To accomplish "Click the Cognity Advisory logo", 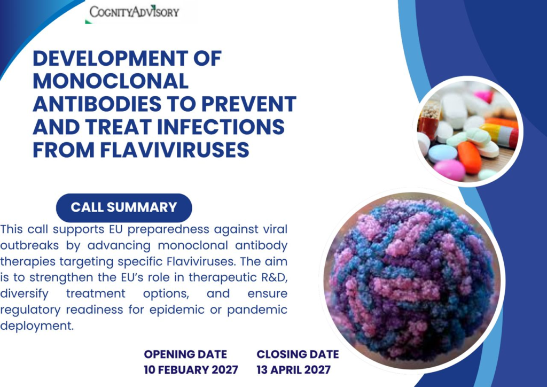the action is point(134,12).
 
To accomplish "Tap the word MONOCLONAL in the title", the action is point(111,81).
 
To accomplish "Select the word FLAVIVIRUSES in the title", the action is point(175,150).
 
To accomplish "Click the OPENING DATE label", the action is point(185,354).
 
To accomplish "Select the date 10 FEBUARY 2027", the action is point(191,369).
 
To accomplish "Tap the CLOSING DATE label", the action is point(298,354).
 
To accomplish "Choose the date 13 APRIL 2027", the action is point(293,369).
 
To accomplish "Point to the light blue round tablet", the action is point(442,154).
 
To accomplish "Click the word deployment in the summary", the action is point(37,326).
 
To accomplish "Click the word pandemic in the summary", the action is point(257,310).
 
